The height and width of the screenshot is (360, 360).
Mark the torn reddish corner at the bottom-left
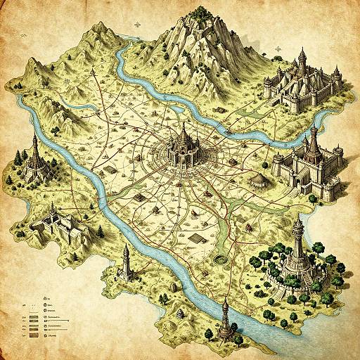click(8, 352)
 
